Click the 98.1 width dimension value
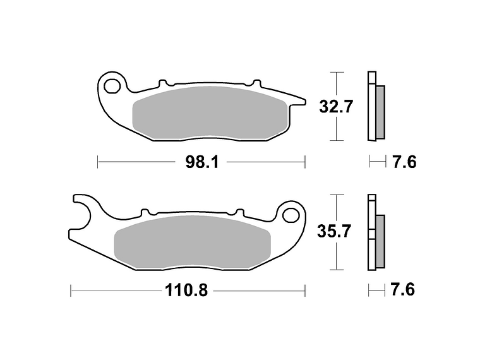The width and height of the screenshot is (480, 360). point(201,162)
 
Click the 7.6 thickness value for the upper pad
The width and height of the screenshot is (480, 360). point(404,162)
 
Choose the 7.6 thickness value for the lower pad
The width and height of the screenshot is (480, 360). point(403,291)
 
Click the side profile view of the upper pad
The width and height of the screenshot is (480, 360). point(375,106)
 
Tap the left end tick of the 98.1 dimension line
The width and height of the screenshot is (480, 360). point(98,162)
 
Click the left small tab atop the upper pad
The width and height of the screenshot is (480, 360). point(163,83)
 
